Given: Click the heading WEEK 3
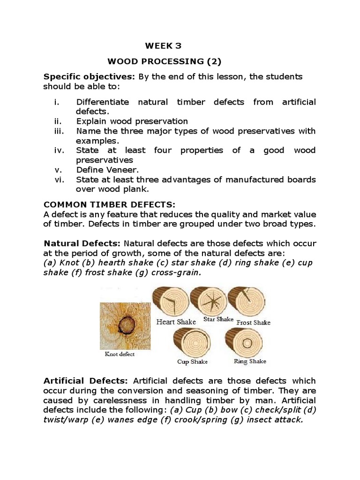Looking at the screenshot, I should (163, 45).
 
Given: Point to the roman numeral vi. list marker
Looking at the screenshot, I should (59, 180).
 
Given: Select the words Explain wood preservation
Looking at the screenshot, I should (132, 121).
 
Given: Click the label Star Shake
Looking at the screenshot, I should (218, 319).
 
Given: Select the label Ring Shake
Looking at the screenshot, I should (250, 361).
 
